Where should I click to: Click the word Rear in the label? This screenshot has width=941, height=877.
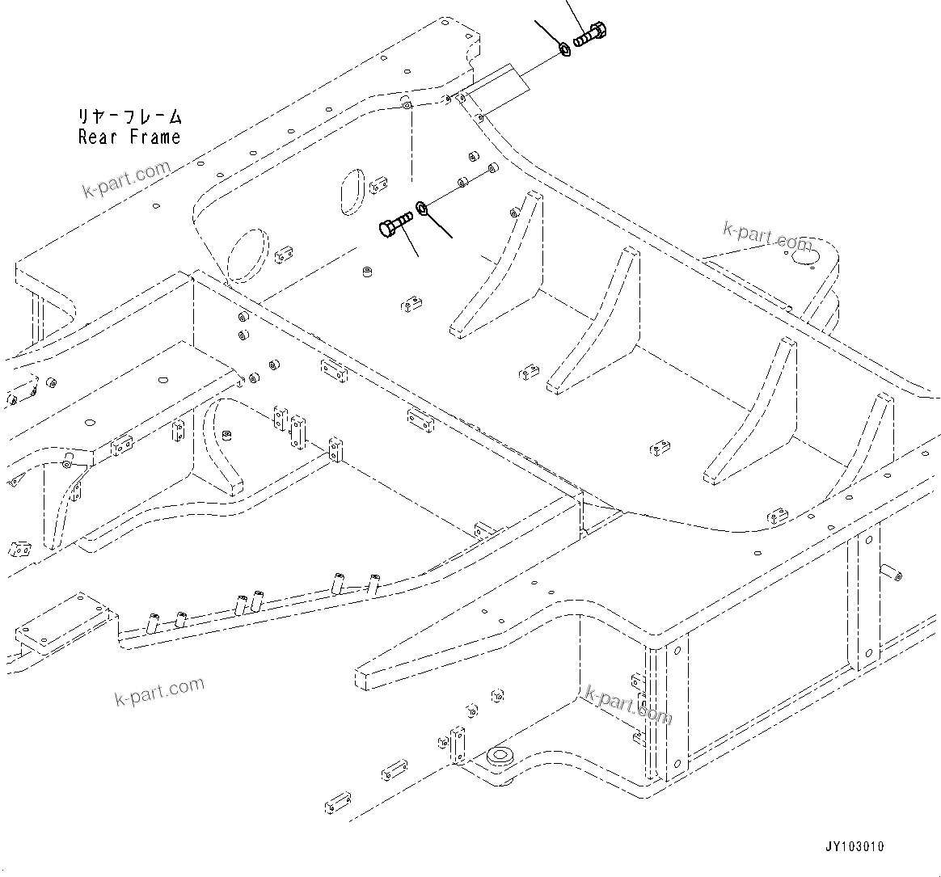point(98,137)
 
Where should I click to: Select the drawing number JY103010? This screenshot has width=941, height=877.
point(854,846)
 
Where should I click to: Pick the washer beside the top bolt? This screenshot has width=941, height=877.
point(565,51)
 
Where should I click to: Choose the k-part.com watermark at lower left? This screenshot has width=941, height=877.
point(159,691)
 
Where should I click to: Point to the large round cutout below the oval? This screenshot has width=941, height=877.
point(248,254)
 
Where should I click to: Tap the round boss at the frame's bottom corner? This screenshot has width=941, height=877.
point(498,758)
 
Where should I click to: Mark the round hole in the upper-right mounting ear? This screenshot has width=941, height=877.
point(802,258)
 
